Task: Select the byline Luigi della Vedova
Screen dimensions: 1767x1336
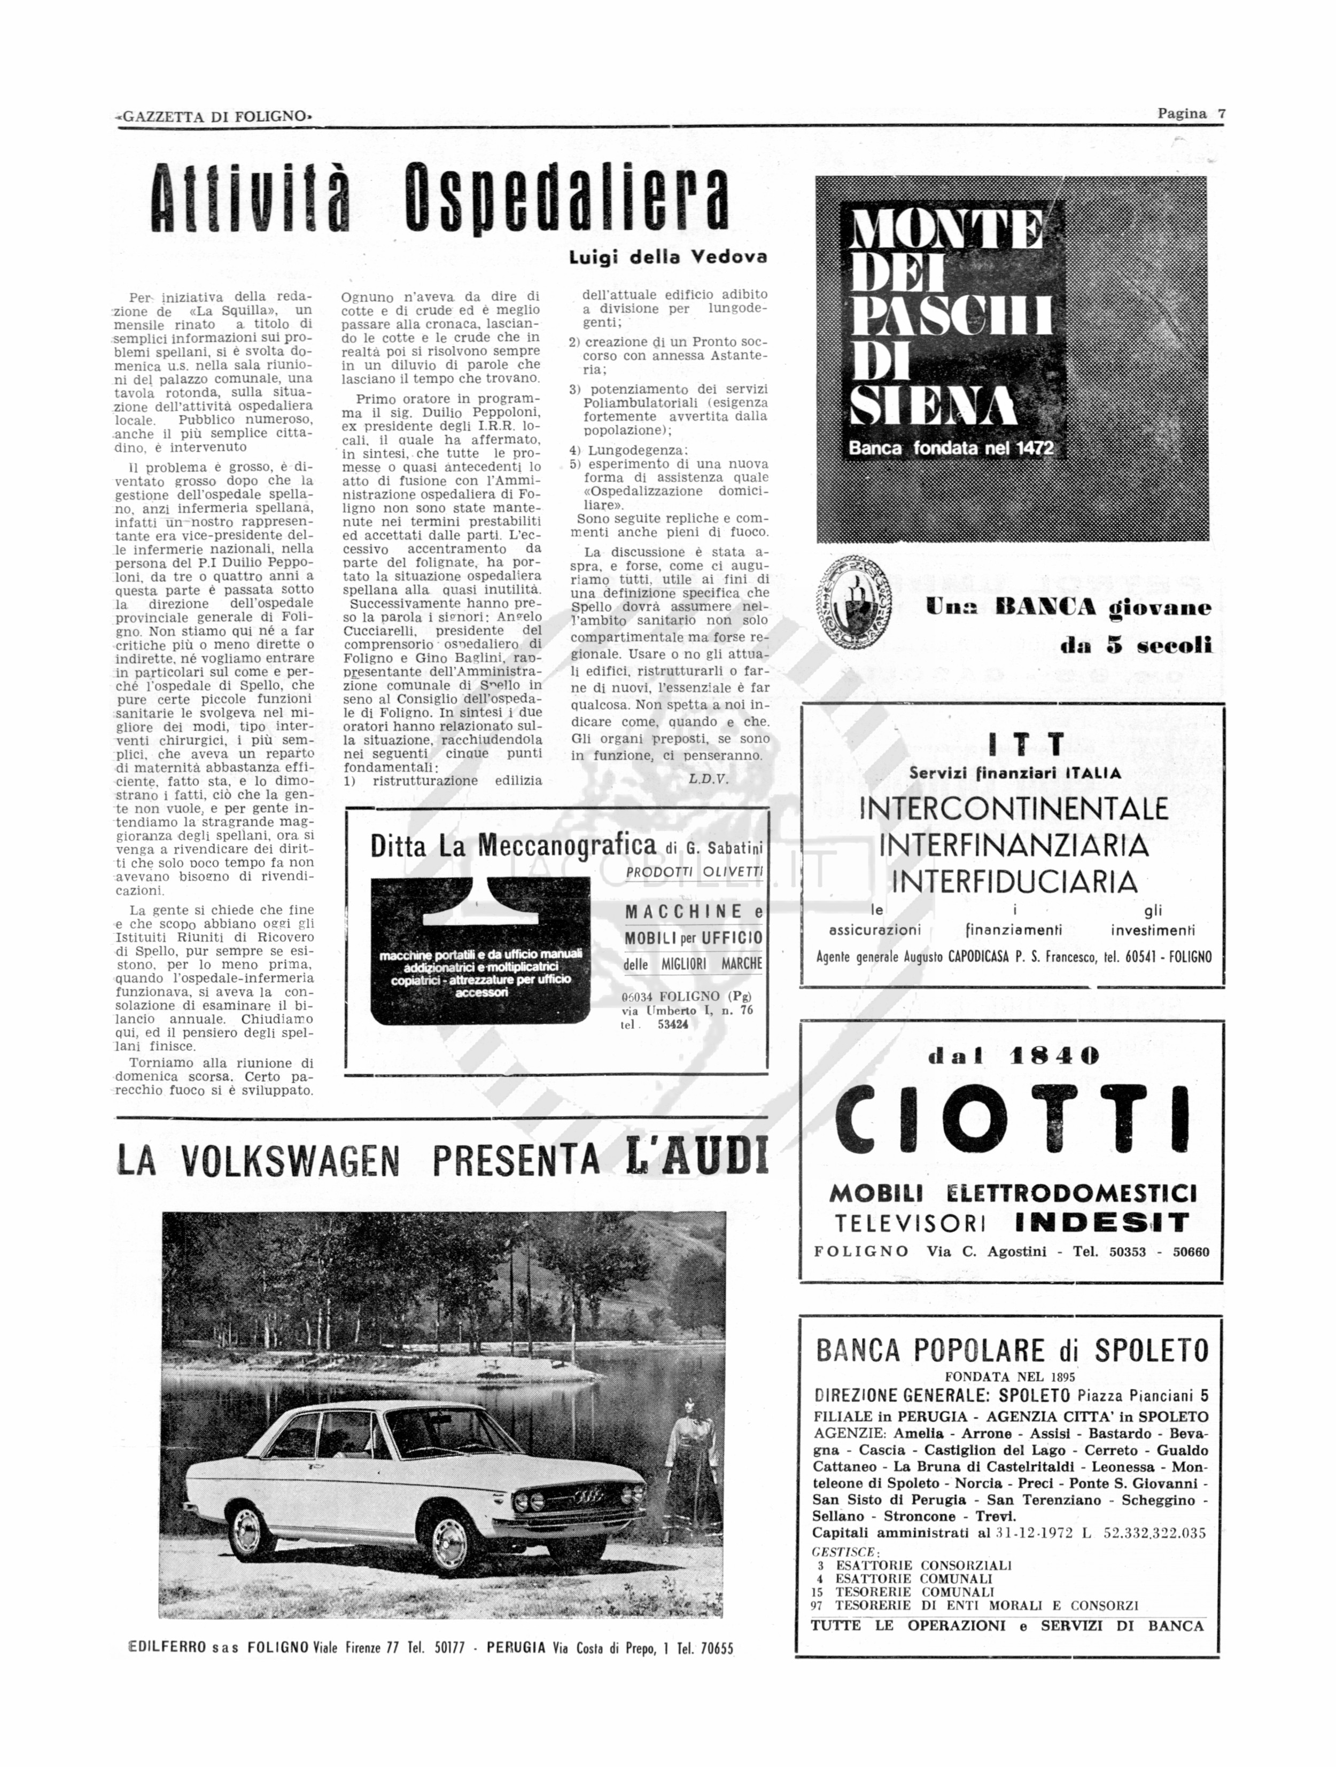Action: pos(667,257)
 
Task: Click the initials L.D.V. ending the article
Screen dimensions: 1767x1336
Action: pos(709,779)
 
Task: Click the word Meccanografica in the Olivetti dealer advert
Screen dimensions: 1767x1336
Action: pos(568,845)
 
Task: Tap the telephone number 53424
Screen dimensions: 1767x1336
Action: pos(673,1024)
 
